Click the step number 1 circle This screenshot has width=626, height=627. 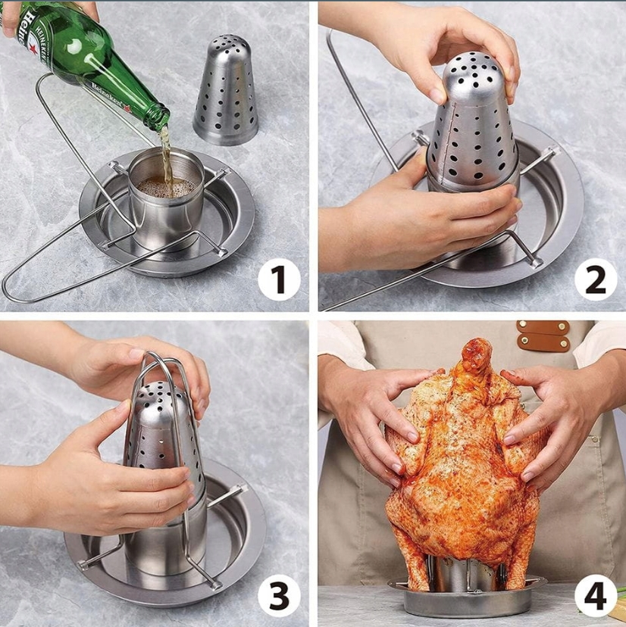[279, 280]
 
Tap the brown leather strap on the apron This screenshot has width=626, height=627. [543, 336]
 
